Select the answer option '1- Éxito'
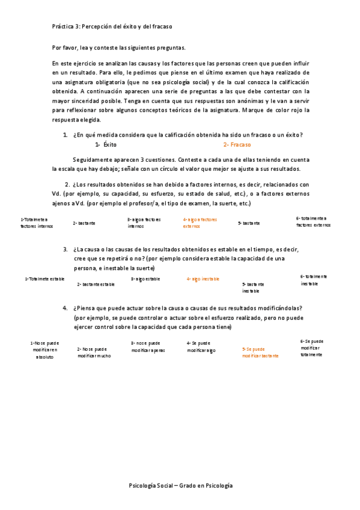click(106, 145)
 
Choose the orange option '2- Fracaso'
click(237, 145)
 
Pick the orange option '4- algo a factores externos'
click(200, 223)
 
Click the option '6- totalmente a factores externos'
click(313, 221)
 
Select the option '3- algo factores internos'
click(144, 223)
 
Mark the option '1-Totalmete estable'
click(45, 279)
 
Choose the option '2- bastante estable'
click(96, 284)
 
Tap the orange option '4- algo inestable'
click(203, 279)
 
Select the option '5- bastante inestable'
click(253, 287)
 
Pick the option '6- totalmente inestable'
click(313, 280)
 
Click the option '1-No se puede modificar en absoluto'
click(44, 349)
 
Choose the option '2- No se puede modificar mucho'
click(94, 352)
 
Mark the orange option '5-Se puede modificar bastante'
click(260, 352)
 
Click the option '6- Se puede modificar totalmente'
click(311, 348)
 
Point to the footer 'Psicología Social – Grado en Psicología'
click(180, 485)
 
